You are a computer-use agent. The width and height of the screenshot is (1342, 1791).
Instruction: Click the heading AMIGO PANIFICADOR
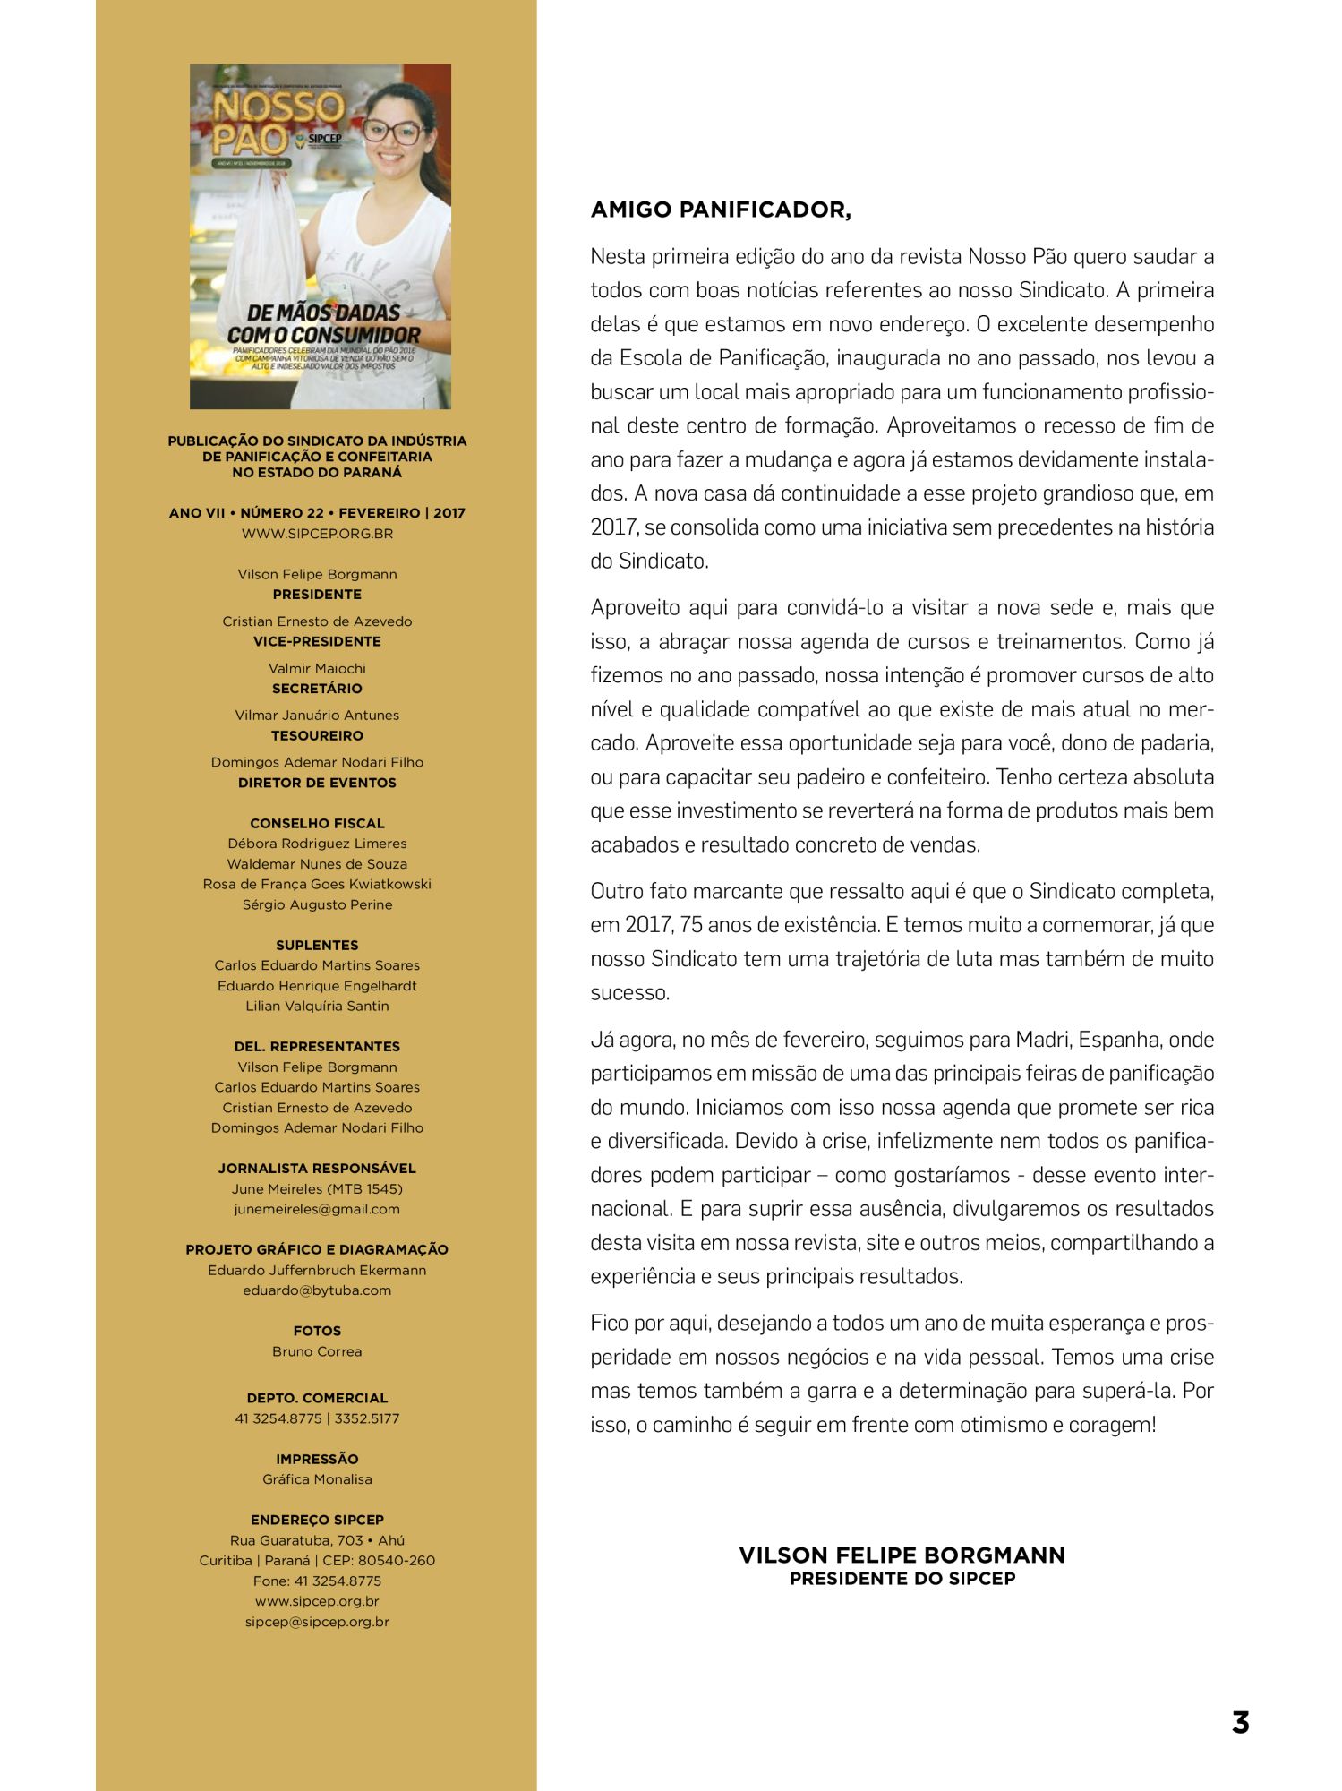point(721,210)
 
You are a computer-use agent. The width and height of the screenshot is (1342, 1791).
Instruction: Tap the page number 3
point(1240,1722)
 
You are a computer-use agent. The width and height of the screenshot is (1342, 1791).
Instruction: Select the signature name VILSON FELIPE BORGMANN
point(902,1555)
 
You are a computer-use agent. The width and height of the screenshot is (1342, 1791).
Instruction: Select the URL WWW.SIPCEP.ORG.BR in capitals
point(317,534)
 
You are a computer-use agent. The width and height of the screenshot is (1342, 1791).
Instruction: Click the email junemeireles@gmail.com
point(317,1209)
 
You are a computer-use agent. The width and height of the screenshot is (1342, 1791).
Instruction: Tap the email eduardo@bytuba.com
point(317,1290)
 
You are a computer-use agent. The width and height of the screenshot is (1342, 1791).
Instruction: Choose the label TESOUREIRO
point(317,735)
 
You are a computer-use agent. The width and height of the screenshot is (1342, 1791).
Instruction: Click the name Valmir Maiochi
point(317,668)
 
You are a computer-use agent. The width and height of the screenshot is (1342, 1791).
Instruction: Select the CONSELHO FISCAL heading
point(317,823)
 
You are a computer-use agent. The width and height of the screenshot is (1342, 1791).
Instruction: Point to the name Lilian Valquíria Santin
point(317,1006)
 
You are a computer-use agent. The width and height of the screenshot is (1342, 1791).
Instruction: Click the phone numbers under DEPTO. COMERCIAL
point(317,1418)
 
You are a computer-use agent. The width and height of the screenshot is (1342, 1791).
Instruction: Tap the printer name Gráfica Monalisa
point(317,1479)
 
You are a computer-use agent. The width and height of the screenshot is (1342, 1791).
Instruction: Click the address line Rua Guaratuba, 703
point(317,1540)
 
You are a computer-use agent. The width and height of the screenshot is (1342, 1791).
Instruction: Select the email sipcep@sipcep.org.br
point(317,1622)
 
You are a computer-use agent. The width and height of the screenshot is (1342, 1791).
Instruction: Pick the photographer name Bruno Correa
point(317,1351)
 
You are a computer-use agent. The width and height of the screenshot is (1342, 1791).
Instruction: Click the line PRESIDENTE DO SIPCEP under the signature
point(902,1579)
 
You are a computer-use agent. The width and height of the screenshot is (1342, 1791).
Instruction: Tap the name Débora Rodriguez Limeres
point(317,844)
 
